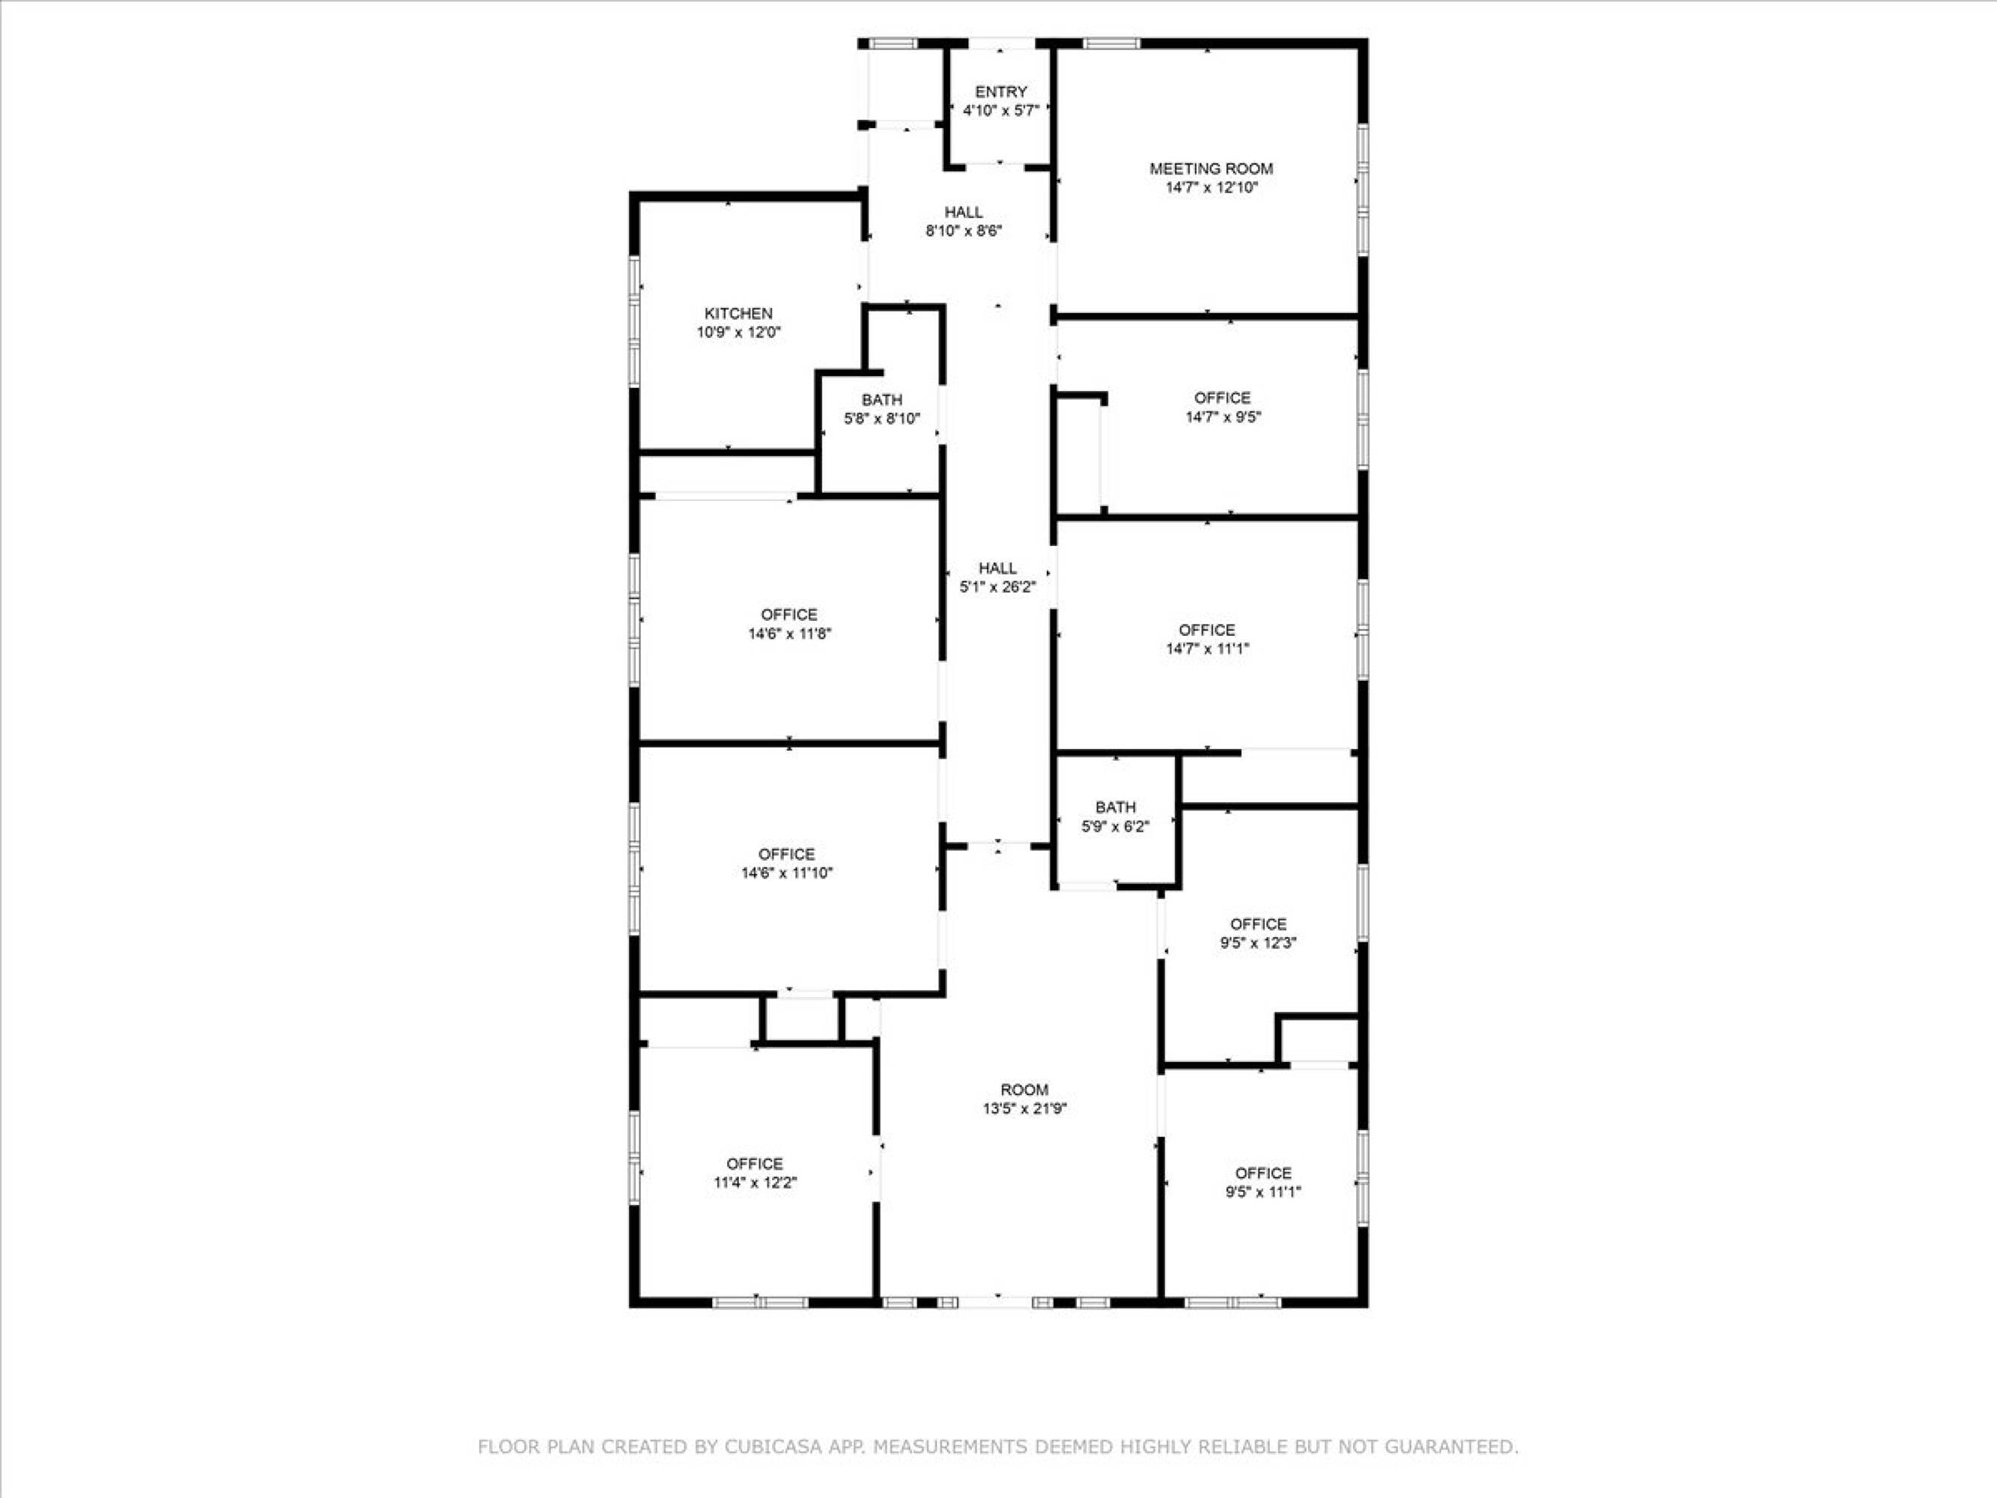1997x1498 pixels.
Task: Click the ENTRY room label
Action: tap(1000, 92)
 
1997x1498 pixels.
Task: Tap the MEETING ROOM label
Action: tap(1211, 169)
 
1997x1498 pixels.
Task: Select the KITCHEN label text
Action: tap(738, 313)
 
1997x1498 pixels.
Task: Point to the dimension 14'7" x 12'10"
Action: tap(1211, 188)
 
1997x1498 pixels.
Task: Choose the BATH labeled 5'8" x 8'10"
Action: tap(881, 400)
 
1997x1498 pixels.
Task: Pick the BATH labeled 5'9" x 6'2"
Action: tap(1115, 807)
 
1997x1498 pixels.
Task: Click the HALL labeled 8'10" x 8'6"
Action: tap(963, 212)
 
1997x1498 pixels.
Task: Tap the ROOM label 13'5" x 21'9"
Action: tap(1024, 1090)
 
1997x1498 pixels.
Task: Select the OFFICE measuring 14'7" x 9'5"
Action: tap(1223, 398)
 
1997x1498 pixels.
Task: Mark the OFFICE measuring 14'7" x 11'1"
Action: tap(1206, 630)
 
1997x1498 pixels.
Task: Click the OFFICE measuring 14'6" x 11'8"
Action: tap(788, 615)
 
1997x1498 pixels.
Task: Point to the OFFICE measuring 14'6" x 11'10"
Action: tap(786, 854)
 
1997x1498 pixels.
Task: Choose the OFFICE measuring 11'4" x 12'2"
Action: tap(754, 1164)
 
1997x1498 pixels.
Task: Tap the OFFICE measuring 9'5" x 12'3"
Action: tap(1258, 924)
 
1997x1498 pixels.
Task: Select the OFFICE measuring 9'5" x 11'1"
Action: tap(1262, 1173)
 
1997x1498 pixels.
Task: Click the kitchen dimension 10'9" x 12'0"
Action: tap(738, 333)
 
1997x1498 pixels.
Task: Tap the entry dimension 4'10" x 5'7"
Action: tap(1000, 111)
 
